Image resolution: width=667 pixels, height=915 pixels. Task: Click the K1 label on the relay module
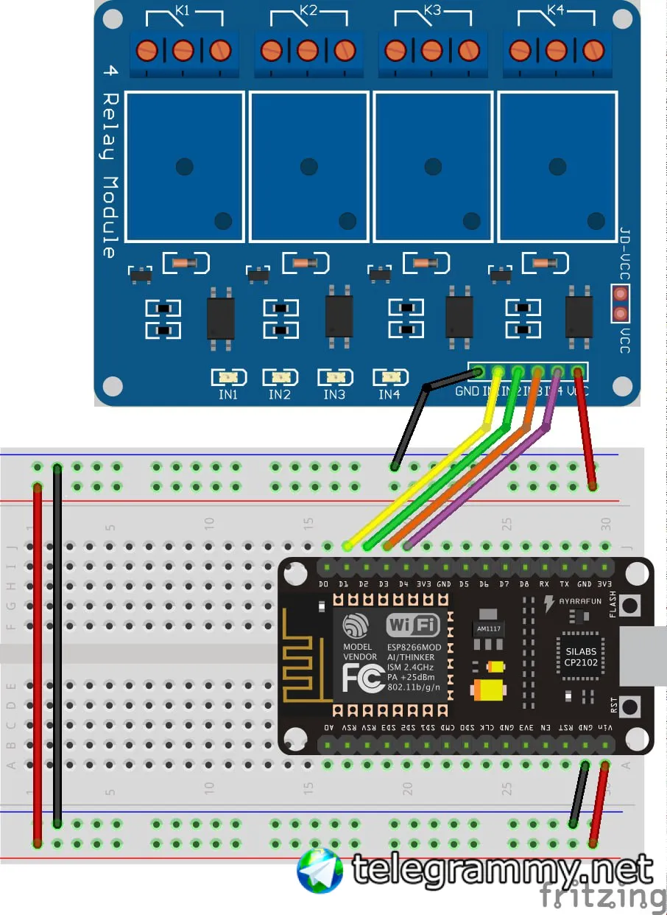tap(183, 11)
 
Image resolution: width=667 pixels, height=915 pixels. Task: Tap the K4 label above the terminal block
tap(556, 11)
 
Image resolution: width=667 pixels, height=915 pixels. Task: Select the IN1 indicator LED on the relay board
tap(227, 377)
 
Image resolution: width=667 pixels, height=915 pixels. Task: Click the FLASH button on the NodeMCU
tap(630, 606)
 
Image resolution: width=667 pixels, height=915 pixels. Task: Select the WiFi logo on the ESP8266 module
tap(413, 626)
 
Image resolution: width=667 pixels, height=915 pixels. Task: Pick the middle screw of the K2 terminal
tap(308, 50)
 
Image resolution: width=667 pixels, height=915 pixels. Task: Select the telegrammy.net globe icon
tap(320, 870)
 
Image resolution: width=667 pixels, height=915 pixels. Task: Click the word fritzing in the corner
tap(602, 896)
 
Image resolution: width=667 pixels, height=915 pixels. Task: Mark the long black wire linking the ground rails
tap(57, 645)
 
